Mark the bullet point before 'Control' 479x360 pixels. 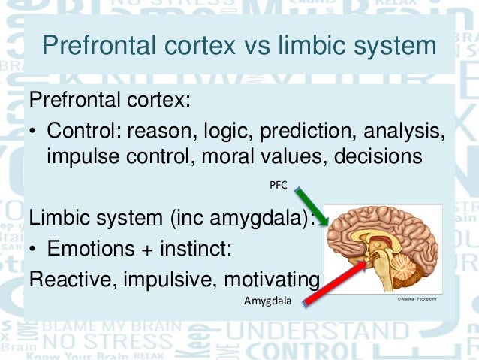coord(34,132)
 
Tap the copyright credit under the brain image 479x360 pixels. coord(417,298)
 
